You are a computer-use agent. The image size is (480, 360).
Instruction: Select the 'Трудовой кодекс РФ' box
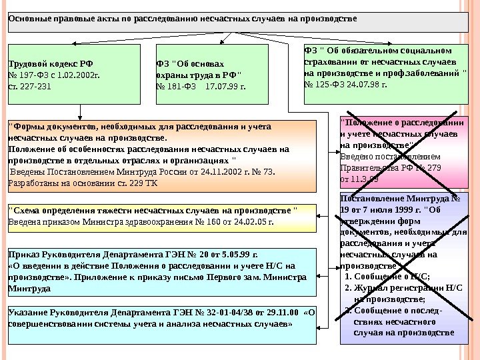[74, 75]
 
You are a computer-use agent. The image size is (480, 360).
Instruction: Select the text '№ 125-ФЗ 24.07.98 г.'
[345, 85]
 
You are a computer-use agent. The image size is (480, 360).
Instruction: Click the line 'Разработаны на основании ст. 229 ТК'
[83, 182]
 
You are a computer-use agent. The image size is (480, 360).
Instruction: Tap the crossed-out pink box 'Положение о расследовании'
[405, 151]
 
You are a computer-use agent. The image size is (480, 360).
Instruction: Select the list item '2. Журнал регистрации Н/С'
[403, 289]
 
